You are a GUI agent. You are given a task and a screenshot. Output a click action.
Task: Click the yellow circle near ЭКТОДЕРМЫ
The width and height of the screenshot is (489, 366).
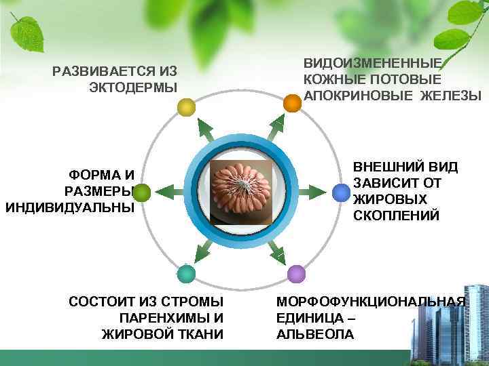point(186,107)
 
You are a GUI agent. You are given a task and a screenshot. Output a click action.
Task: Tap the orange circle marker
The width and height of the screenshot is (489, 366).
point(291,103)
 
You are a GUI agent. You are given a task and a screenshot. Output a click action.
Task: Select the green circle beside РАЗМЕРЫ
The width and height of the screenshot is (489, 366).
point(141,194)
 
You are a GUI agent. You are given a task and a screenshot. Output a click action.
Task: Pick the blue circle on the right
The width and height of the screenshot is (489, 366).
point(341,193)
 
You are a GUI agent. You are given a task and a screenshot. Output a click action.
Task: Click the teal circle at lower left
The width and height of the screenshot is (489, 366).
point(186,274)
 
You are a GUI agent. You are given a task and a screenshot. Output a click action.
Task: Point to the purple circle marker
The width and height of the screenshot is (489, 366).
point(296,274)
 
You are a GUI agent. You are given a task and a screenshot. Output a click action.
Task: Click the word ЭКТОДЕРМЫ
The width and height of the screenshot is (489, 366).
point(133,87)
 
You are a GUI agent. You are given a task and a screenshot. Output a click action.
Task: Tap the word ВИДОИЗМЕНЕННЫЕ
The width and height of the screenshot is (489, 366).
point(372,64)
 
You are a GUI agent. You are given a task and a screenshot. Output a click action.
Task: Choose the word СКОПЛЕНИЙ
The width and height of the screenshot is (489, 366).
point(396,216)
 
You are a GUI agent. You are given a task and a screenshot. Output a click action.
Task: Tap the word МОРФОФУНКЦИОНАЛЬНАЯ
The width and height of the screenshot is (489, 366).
point(371,302)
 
